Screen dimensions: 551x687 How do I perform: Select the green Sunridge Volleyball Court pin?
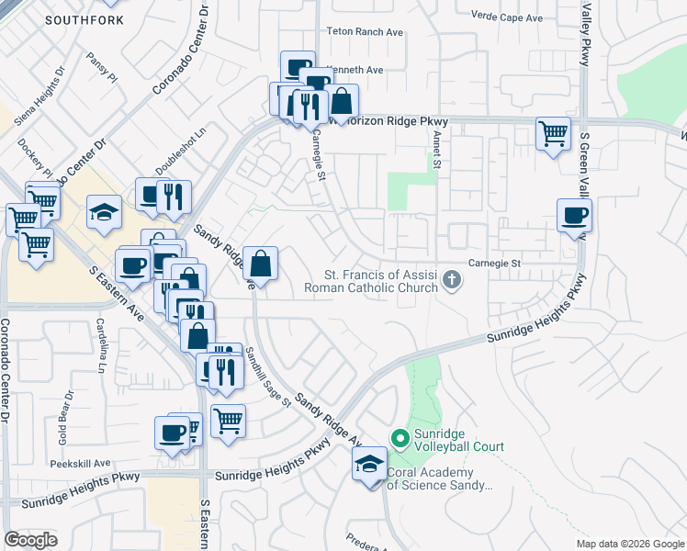[x=400, y=440]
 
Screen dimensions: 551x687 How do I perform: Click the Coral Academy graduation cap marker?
[x=369, y=465]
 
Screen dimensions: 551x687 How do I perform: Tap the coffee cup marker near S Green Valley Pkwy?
[x=575, y=217]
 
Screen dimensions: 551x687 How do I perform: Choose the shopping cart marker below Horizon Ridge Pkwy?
[x=553, y=135]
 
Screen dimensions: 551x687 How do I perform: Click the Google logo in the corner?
[x=30, y=540]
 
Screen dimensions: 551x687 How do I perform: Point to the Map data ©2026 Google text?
[x=629, y=544]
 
